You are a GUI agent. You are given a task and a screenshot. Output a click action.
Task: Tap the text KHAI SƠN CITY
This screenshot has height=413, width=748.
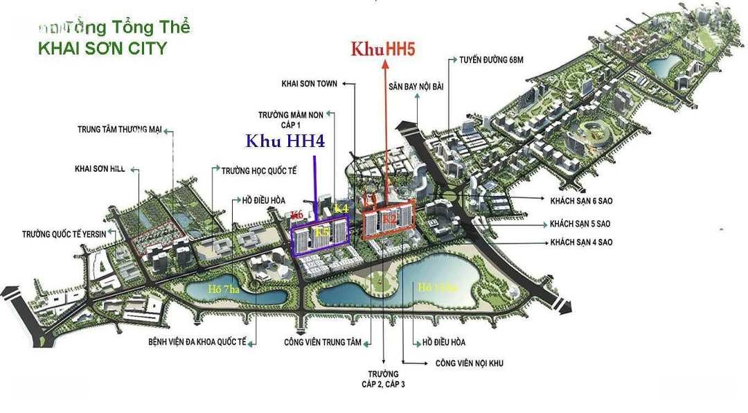pos(103,49)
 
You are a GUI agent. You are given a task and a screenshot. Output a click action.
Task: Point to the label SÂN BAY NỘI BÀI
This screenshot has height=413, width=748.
pos(416,85)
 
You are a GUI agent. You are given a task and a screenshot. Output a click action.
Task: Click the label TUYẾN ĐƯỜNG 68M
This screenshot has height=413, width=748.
pos(490,60)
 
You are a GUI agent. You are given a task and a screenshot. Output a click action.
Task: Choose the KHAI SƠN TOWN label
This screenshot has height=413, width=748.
pos(310,84)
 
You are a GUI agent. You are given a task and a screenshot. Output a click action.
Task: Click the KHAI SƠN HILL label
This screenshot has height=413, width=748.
pos(100,168)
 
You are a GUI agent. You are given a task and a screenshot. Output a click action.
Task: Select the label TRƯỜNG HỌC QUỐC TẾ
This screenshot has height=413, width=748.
pos(260,169)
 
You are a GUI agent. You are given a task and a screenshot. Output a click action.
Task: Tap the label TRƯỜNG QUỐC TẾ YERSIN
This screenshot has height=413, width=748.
pos(64,234)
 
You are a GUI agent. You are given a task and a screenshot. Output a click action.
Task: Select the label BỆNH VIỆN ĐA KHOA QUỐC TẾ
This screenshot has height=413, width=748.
pos(197,342)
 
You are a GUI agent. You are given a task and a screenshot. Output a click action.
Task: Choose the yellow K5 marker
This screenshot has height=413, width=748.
pos(322,233)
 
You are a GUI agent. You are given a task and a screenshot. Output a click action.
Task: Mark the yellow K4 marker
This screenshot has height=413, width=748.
pos(341,208)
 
